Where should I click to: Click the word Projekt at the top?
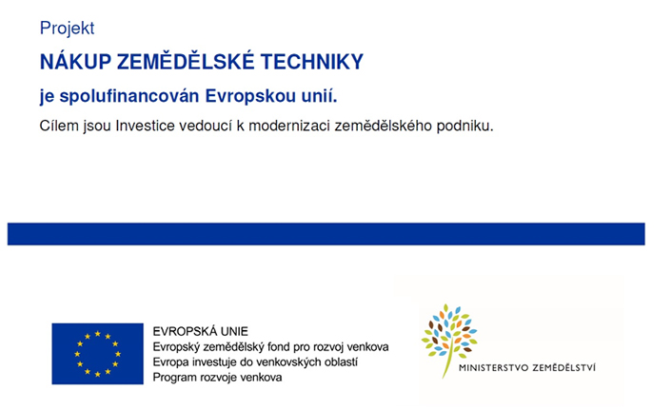[x=68, y=29]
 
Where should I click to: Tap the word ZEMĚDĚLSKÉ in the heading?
[x=186, y=61]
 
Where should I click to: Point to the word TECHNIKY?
[x=312, y=62]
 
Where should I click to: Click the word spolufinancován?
[x=129, y=96]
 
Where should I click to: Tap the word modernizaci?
[x=289, y=126]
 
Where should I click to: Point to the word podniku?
[x=466, y=126]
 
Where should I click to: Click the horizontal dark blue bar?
[x=327, y=234]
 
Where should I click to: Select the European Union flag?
[x=98, y=354]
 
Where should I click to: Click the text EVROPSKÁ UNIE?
[x=200, y=331]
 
